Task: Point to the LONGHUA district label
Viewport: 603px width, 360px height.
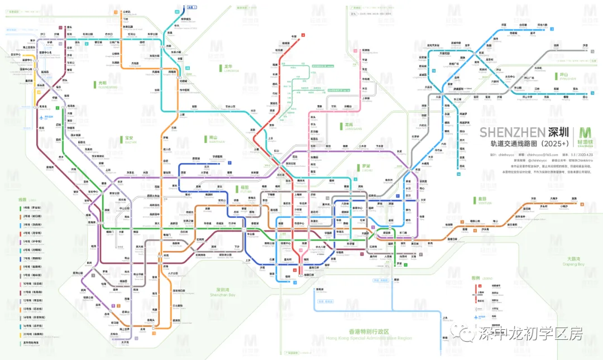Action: point(231,69)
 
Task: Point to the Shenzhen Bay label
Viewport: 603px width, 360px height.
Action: point(226,292)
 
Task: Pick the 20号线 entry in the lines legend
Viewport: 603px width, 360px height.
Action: point(30,334)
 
